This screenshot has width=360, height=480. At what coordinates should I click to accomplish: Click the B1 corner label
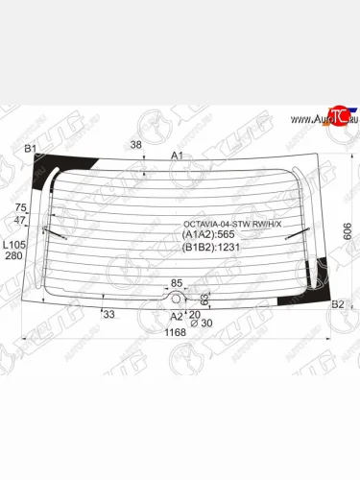[30, 149]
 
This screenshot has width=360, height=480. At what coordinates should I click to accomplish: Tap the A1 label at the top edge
[177, 155]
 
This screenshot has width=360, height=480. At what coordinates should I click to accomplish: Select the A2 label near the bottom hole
[176, 316]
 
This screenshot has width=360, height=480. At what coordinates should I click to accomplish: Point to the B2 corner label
[337, 304]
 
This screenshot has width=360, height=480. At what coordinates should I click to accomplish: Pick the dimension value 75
[21, 208]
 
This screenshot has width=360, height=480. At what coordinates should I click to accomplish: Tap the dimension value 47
[21, 221]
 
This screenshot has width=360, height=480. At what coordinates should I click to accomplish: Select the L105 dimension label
[14, 244]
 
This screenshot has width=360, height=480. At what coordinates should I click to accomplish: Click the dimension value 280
[13, 255]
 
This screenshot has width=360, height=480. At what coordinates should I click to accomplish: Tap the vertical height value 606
[347, 230]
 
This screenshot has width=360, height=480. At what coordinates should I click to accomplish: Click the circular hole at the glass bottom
[176, 298]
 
